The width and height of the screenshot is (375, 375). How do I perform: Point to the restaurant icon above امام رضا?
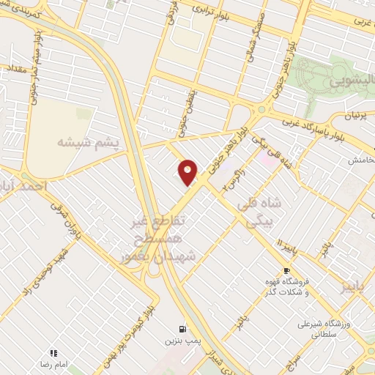[x=53, y=352]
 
